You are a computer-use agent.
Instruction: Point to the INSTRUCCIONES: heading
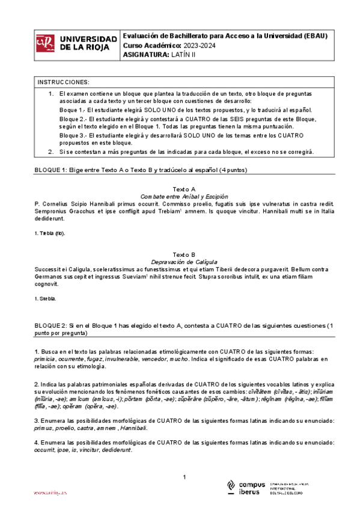point(63,82)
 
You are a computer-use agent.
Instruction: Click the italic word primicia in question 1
point(45,358)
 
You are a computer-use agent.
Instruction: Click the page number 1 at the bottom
point(184,477)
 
